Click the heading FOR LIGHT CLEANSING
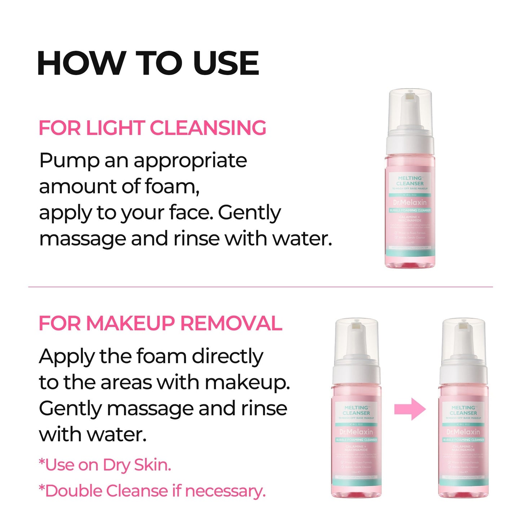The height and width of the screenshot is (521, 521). pyautogui.click(x=152, y=128)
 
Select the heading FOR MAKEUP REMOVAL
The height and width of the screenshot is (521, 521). pyautogui.click(x=160, y=323)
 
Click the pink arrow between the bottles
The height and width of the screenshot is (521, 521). pyautogui.click(x=410, y=409)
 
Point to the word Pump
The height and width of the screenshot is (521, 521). pyautogui.click(x=69, y=160)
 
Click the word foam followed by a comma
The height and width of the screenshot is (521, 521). pyautogui.click(x=172, y=186)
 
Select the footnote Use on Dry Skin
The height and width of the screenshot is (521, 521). pyautogui.click(x=105, y=465)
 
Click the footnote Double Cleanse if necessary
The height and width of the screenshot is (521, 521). pyautogui.click(x=152, y=491)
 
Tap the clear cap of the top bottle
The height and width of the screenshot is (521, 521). pyautogui.click(x=410, y=108)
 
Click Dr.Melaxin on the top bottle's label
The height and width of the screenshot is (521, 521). pyautogui.click(x=410, y=203)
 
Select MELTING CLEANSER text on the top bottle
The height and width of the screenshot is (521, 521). pyautogui.click(x=410, y=181)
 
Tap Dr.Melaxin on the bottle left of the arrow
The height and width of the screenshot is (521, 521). pyautogui.click(x=356, y=432)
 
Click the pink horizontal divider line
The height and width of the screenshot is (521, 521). pyautogui.click(x=260, y=287)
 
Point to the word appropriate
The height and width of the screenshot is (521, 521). pyautogui.click(x=190, y=161)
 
